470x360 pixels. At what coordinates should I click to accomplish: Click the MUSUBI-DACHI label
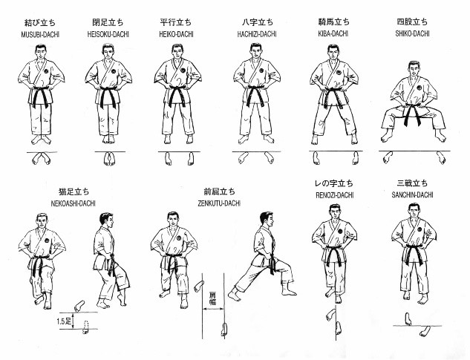pos(40,34)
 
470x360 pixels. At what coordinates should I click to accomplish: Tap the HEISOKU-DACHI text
pos(108,34)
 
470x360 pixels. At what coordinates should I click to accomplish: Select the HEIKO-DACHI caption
pos(176,34)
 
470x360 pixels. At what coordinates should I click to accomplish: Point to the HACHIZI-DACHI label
pos(257,34)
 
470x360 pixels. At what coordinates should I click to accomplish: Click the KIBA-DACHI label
pos(333,33)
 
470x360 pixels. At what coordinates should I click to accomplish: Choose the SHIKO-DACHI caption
pos(412,33)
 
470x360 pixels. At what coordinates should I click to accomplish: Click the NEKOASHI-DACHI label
pos(74,203)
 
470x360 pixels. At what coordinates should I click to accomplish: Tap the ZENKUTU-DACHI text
pos(219,203)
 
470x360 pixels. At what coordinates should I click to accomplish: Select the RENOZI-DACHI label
pos(335,195)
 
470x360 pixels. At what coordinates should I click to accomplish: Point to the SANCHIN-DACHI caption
pos(412,195)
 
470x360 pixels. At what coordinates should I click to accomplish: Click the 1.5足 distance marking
pos(64,321)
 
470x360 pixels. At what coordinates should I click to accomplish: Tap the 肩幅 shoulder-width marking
pos(212,298)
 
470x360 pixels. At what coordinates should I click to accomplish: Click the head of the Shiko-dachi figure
pos(414,69)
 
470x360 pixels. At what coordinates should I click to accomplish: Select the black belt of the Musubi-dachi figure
pos(41,95)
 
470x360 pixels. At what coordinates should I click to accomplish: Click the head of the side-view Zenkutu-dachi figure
pos(267,220)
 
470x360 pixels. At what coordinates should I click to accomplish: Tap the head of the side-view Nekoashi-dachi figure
pos(106,221)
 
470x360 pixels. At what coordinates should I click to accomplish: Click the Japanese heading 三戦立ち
pos(412,183)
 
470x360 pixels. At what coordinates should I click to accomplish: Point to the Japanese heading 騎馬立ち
pos(333,22)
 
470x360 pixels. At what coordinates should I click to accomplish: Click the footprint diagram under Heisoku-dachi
pos(109,159)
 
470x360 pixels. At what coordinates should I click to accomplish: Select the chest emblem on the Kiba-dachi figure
pos(339,73)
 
